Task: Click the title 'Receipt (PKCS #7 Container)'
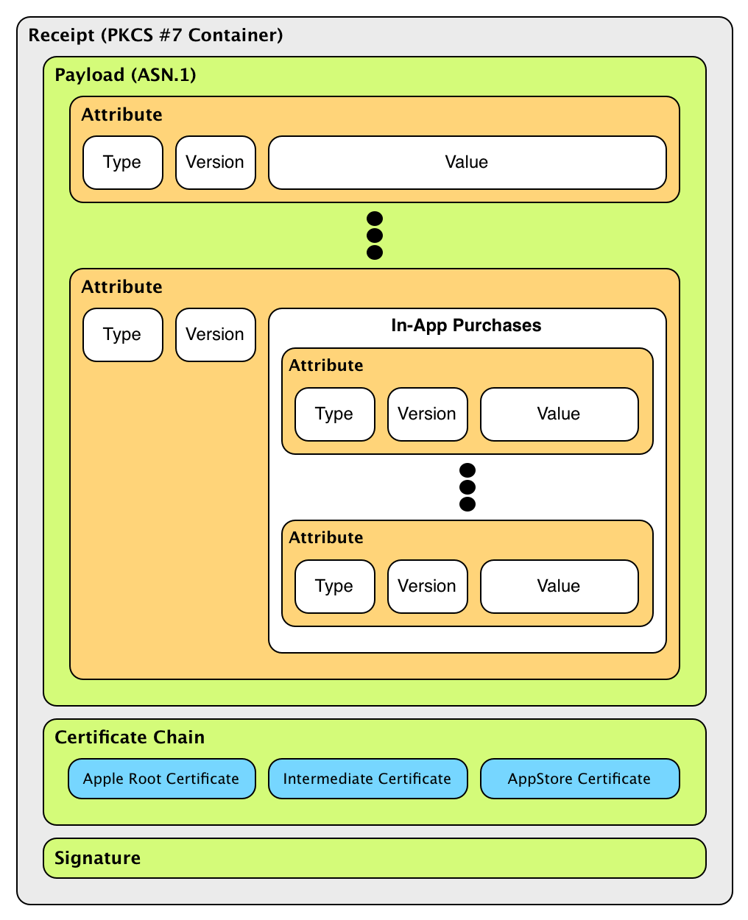[155, 35]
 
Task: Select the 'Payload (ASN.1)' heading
[125, 75]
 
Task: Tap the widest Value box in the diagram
[467, 163]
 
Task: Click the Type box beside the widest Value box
[122, 163]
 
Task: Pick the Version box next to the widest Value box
[215, 163]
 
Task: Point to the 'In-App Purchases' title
[466, 326]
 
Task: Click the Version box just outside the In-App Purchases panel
[215, 335]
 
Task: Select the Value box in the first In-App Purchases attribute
[559, 414]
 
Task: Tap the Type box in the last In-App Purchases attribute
[334, 587]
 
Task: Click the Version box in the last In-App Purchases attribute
[427, 587]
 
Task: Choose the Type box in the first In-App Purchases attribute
[334, 414]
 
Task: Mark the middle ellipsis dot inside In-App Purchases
[467, 487]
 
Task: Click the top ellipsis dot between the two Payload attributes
[374, 219]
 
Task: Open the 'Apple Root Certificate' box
[161, 779]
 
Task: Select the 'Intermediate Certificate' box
[367, 779]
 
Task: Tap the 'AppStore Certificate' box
[579, 779]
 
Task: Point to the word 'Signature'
[97, 858]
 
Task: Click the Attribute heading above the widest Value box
[121, 115]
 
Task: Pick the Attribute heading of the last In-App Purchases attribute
[325, 538]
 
